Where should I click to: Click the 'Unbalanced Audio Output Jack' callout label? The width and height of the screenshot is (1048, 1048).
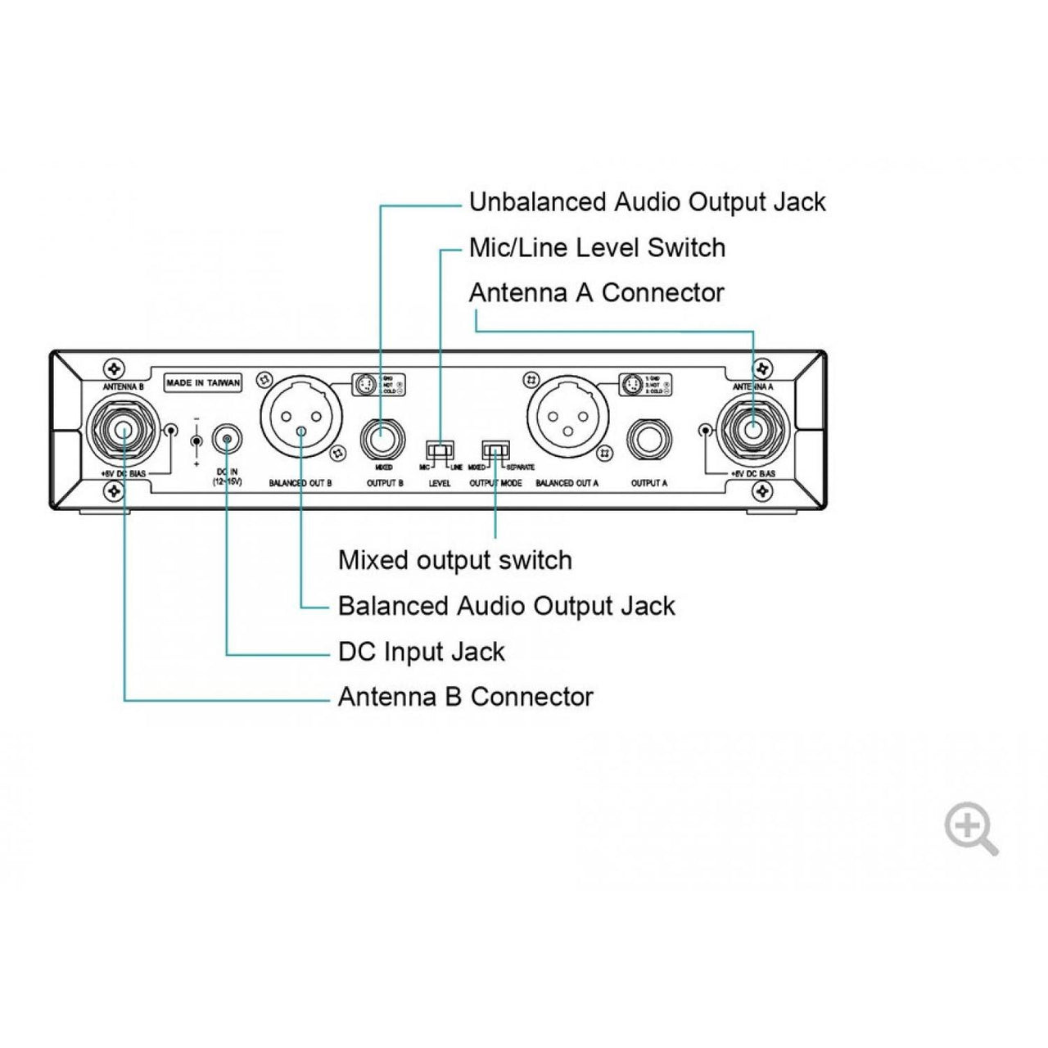647,202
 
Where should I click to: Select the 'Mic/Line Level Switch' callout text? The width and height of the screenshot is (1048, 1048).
597,247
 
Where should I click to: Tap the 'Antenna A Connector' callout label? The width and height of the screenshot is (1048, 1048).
596,292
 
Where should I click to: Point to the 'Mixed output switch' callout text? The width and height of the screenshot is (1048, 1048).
454,561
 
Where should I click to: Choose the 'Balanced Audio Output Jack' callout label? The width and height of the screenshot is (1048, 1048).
506,607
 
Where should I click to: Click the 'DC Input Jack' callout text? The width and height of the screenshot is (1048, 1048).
421,652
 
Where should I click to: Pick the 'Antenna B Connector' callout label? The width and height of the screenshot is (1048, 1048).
465,697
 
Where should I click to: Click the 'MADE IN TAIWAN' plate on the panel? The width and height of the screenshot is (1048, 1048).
203,382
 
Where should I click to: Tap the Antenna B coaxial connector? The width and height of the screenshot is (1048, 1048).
124,431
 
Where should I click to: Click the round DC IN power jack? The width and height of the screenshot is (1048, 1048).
226,440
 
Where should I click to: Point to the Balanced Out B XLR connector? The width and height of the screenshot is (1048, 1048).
301,418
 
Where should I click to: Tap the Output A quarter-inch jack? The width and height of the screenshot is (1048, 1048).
648,443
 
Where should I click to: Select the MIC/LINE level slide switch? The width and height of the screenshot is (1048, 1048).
440,451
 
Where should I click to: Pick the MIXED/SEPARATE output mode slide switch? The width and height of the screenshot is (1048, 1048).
496,451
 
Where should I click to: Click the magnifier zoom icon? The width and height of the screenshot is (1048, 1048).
970,827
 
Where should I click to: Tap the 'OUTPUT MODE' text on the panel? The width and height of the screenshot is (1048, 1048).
495,484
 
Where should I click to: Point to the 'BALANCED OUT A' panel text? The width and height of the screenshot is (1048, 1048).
567,484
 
